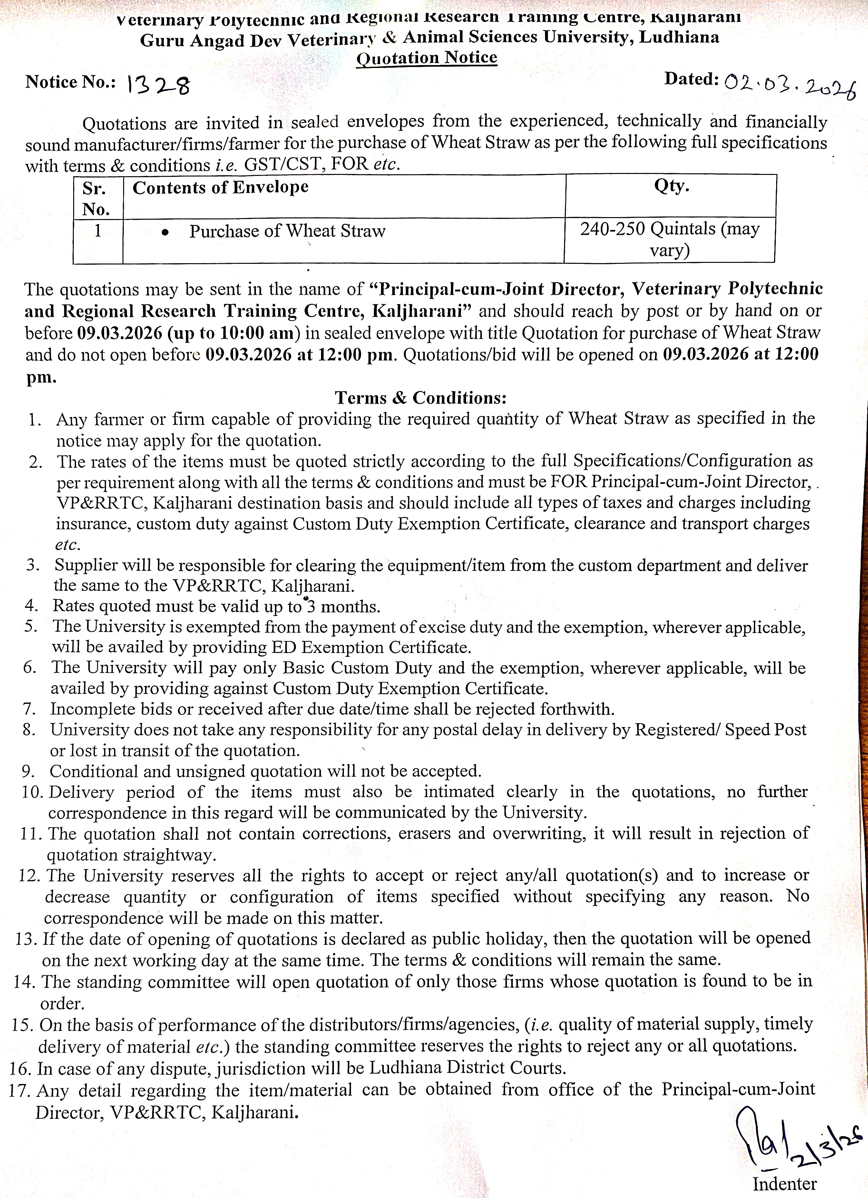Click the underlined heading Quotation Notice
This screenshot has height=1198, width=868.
[x=427, y=58]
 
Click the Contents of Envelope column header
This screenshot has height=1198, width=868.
[x=220, y=187]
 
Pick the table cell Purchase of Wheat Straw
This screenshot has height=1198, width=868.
[x=287, y=231]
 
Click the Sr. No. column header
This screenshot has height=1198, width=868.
[x=96, y=199]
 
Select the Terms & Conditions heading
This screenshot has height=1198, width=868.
[x=421, y=397]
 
